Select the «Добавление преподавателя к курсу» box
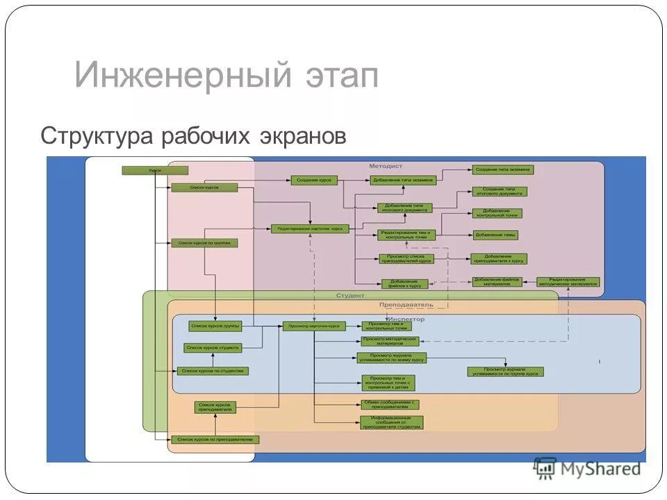coord(498,259)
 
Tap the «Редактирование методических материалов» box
coord(568,281)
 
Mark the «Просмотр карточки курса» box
coord(314,326)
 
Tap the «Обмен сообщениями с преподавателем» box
coord(390,404)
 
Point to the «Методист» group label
coord(386,167)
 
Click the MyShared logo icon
coord(545,468)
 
